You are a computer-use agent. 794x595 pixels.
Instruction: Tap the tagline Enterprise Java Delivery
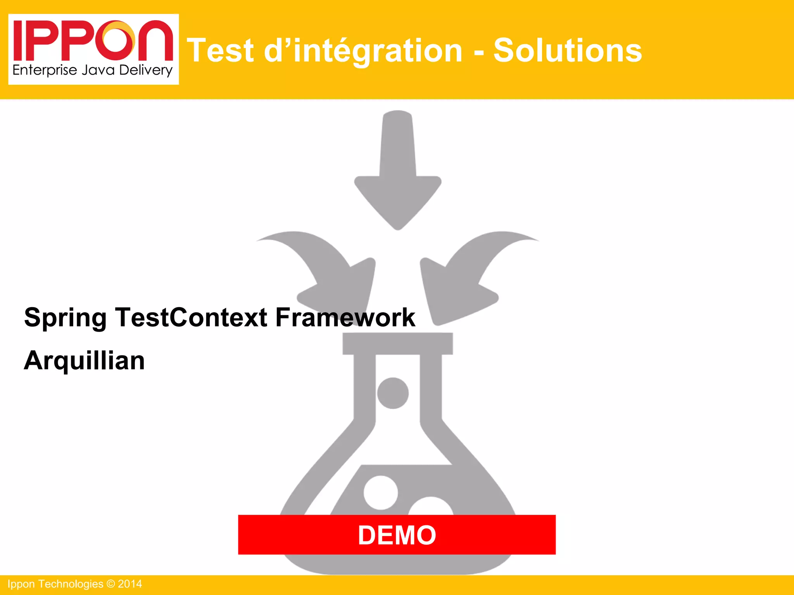[x=92, y=71]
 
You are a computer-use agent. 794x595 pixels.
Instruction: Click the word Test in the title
[x=220, y=51]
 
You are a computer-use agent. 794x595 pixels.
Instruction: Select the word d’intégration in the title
[x=363, y=51]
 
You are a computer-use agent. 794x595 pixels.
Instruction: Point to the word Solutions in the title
[x=567, y=51]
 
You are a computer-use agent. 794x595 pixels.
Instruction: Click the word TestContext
[x=191, y=317]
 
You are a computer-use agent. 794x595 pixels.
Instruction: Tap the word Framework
[x=345, y=317]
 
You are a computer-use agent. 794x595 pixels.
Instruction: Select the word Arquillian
[x=84, y=361]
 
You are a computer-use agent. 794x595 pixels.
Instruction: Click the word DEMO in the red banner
[x=397, y=535]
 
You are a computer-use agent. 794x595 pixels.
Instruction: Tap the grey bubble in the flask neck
[x=393, y=393]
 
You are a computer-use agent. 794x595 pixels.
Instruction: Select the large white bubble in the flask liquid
[x=381, y=492]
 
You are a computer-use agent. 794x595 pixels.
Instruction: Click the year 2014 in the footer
[x=130, y=584]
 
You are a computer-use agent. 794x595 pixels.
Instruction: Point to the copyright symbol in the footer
[x=110, y=584]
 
